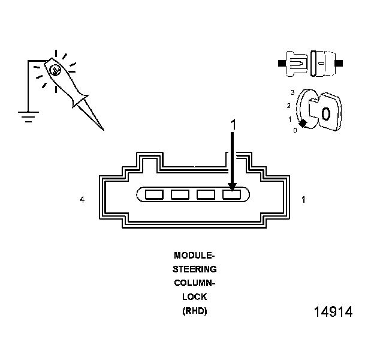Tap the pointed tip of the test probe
(102, 128)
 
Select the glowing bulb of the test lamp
(55, 70)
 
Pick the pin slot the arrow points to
(232, 194)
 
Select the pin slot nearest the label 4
(154, 194)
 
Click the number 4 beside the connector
(82, 199)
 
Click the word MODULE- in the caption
(194, 256)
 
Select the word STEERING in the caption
(194, 269)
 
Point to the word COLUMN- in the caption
(194, 283)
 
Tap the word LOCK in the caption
(194, 297)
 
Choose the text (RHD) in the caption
(194, 311)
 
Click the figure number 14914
(333, 313)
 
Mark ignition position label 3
(292, 92)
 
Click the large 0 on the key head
(325, 113)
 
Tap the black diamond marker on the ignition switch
(303, 123)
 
